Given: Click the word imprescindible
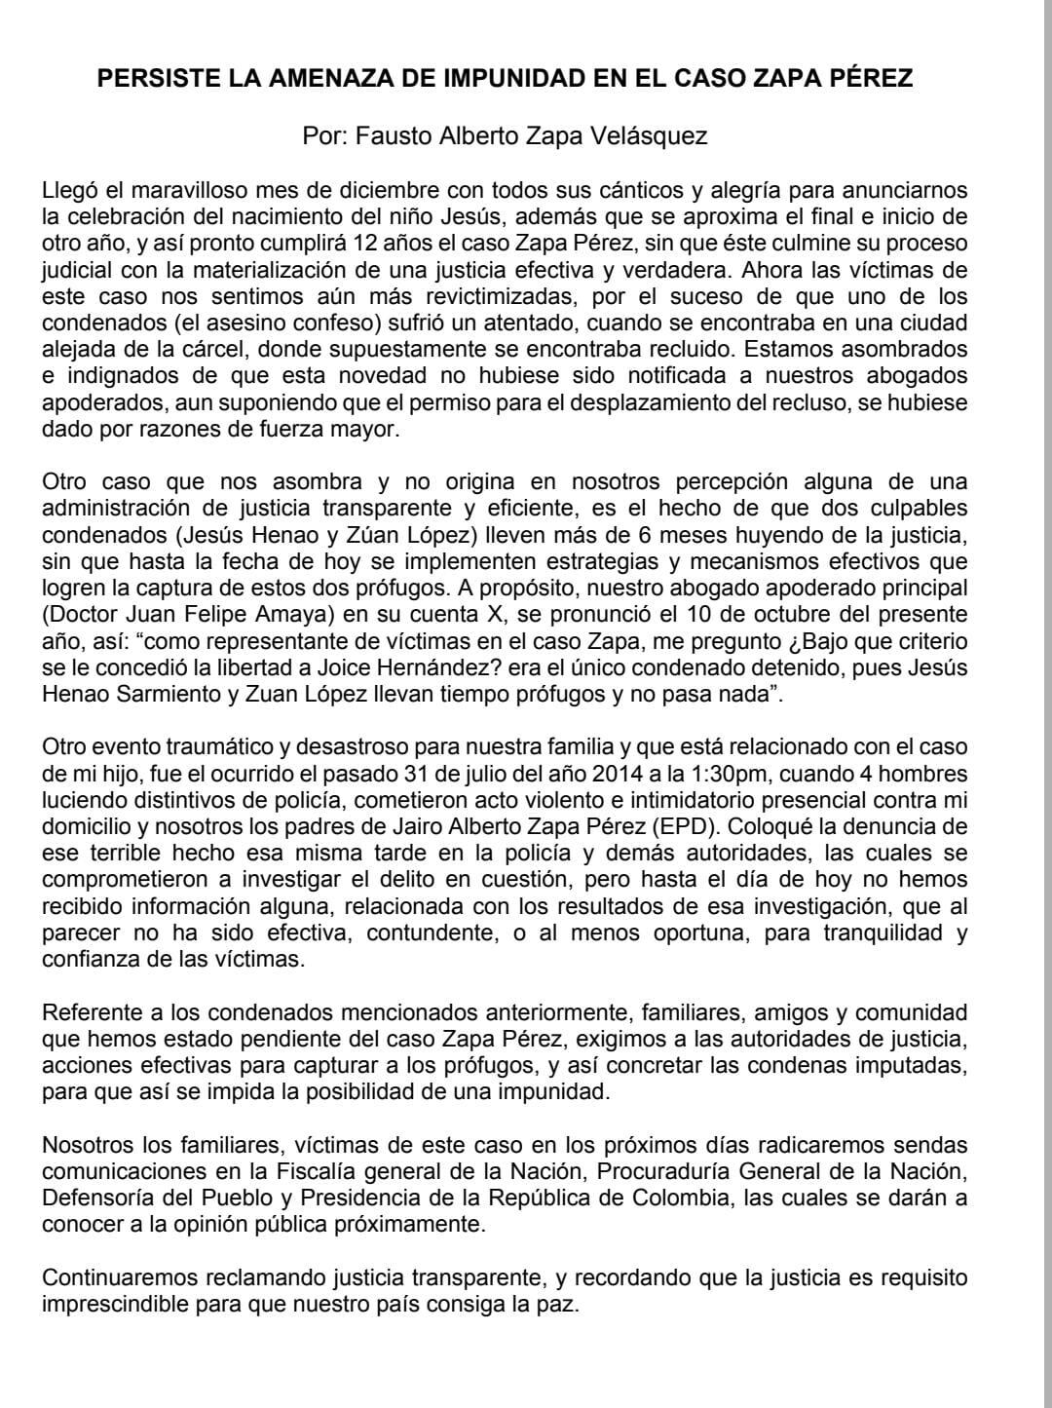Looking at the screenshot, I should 107,1304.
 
